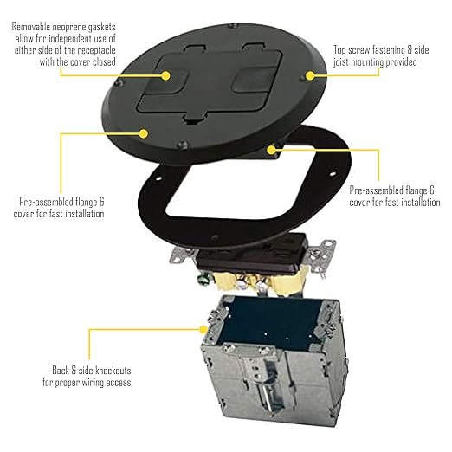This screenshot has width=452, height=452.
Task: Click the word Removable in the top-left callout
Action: tap(34, 27)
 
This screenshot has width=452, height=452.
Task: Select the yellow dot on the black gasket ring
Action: tap(273, 149)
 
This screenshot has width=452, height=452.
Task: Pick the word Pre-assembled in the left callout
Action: tap(46, 202)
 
